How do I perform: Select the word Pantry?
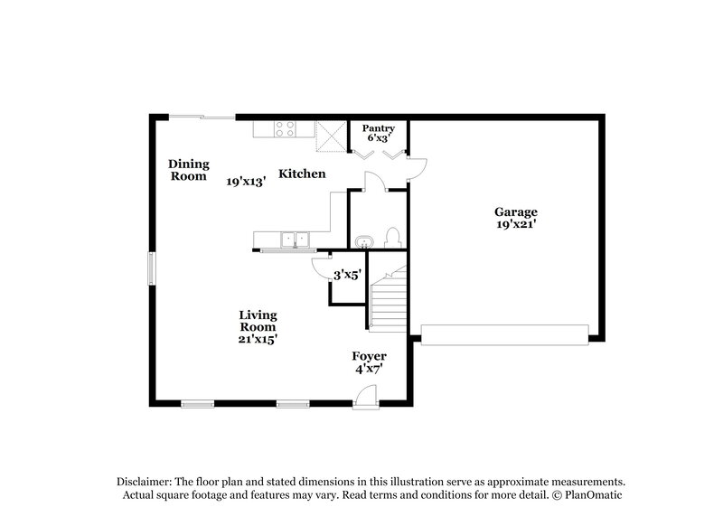pos(379,128)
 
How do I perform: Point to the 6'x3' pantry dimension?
pos(379,139)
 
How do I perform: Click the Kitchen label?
pos(301,174)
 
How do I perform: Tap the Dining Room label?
pos(189,170)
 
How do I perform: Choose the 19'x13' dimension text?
pos(245,182)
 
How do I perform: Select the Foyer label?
pos(370,356)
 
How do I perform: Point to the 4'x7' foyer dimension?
pos(370,369)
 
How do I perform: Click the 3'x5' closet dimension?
pos(347,275)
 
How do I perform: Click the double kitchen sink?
pos(295,240)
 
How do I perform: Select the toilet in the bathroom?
pos(392,238)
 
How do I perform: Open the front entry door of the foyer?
pos(364,398)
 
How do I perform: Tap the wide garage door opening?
pos(505,335)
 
